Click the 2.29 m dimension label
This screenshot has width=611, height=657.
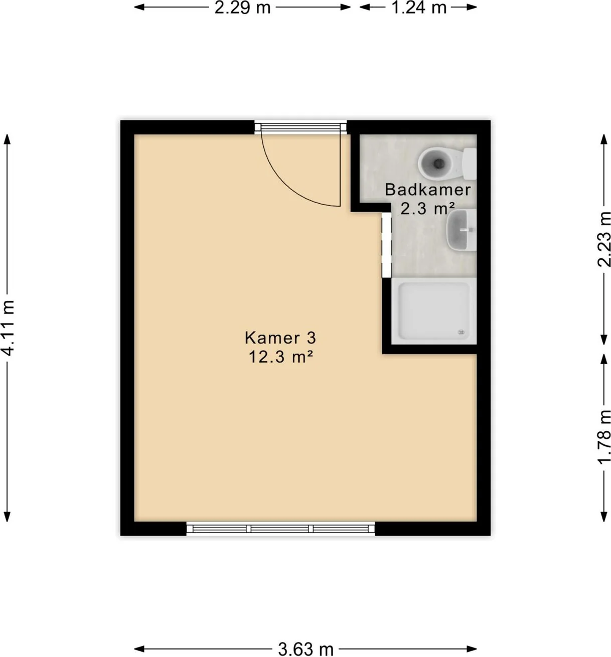(x=242, y=8)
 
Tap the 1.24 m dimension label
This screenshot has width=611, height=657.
(x=419, y=8)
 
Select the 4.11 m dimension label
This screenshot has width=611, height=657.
(x=8, y=328)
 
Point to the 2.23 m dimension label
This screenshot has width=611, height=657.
(x=603, y=239)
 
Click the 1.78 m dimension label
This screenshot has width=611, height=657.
(x=603, y=437)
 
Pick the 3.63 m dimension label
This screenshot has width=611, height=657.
(x=305, y=649)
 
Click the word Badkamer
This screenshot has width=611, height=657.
(x=427, y=190)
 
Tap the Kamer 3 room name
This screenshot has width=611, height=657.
(x=280, y=338)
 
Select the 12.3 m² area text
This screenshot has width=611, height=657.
(x=280, y=357)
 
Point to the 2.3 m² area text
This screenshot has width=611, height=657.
(x=427, y=209)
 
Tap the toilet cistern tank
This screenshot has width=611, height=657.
(x=470, y=163)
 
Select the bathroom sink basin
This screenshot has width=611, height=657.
(x=461, y=229)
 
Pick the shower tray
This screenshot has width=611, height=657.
(x=434, y=311)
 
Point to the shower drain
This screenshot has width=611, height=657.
(x=462, y=332)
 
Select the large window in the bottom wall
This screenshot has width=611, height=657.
(x=280, y=529)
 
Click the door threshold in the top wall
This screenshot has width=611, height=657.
(x=300, y=127)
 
